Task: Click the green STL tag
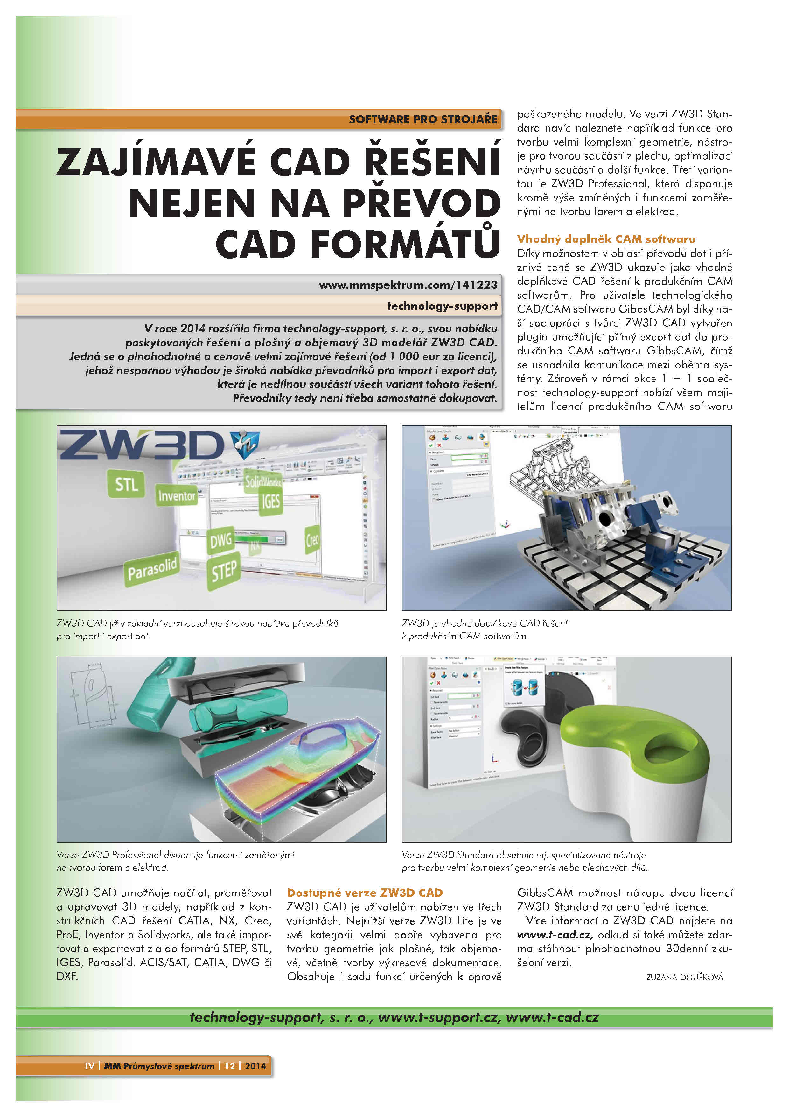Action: pos(126,484)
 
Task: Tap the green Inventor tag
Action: pos(177,496)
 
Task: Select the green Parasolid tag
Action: pos(152,569)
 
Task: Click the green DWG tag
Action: pos(221,540)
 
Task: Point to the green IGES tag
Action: pos(270,501)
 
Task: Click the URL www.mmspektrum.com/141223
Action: pos(408,285)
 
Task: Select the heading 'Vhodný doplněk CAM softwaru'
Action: pos(606,239)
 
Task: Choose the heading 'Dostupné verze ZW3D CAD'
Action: pos(365,893)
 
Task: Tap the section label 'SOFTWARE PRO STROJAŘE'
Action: pos(423,119)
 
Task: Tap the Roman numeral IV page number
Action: pos(89,1066)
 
